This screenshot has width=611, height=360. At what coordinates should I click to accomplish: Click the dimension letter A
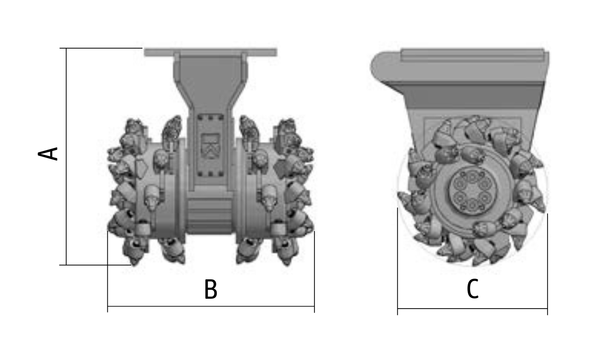click(x=48, y=154)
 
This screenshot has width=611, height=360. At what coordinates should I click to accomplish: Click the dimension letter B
click(x=210, y=289)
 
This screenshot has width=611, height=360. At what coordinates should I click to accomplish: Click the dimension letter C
click(x=472, y=289)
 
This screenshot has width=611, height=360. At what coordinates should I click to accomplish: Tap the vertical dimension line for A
click(x=66, y=156)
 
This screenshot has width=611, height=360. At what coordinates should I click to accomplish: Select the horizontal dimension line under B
click(x=211, y=306)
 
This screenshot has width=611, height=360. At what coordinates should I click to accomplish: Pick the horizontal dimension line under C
click(x=472, y=309)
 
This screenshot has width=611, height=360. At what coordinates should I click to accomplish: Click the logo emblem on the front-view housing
click(x=210, y=146)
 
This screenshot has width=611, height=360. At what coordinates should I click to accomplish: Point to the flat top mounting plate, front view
click(x=210, y=52)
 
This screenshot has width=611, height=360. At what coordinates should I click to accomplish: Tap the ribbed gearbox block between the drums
click(x=210, y=212)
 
